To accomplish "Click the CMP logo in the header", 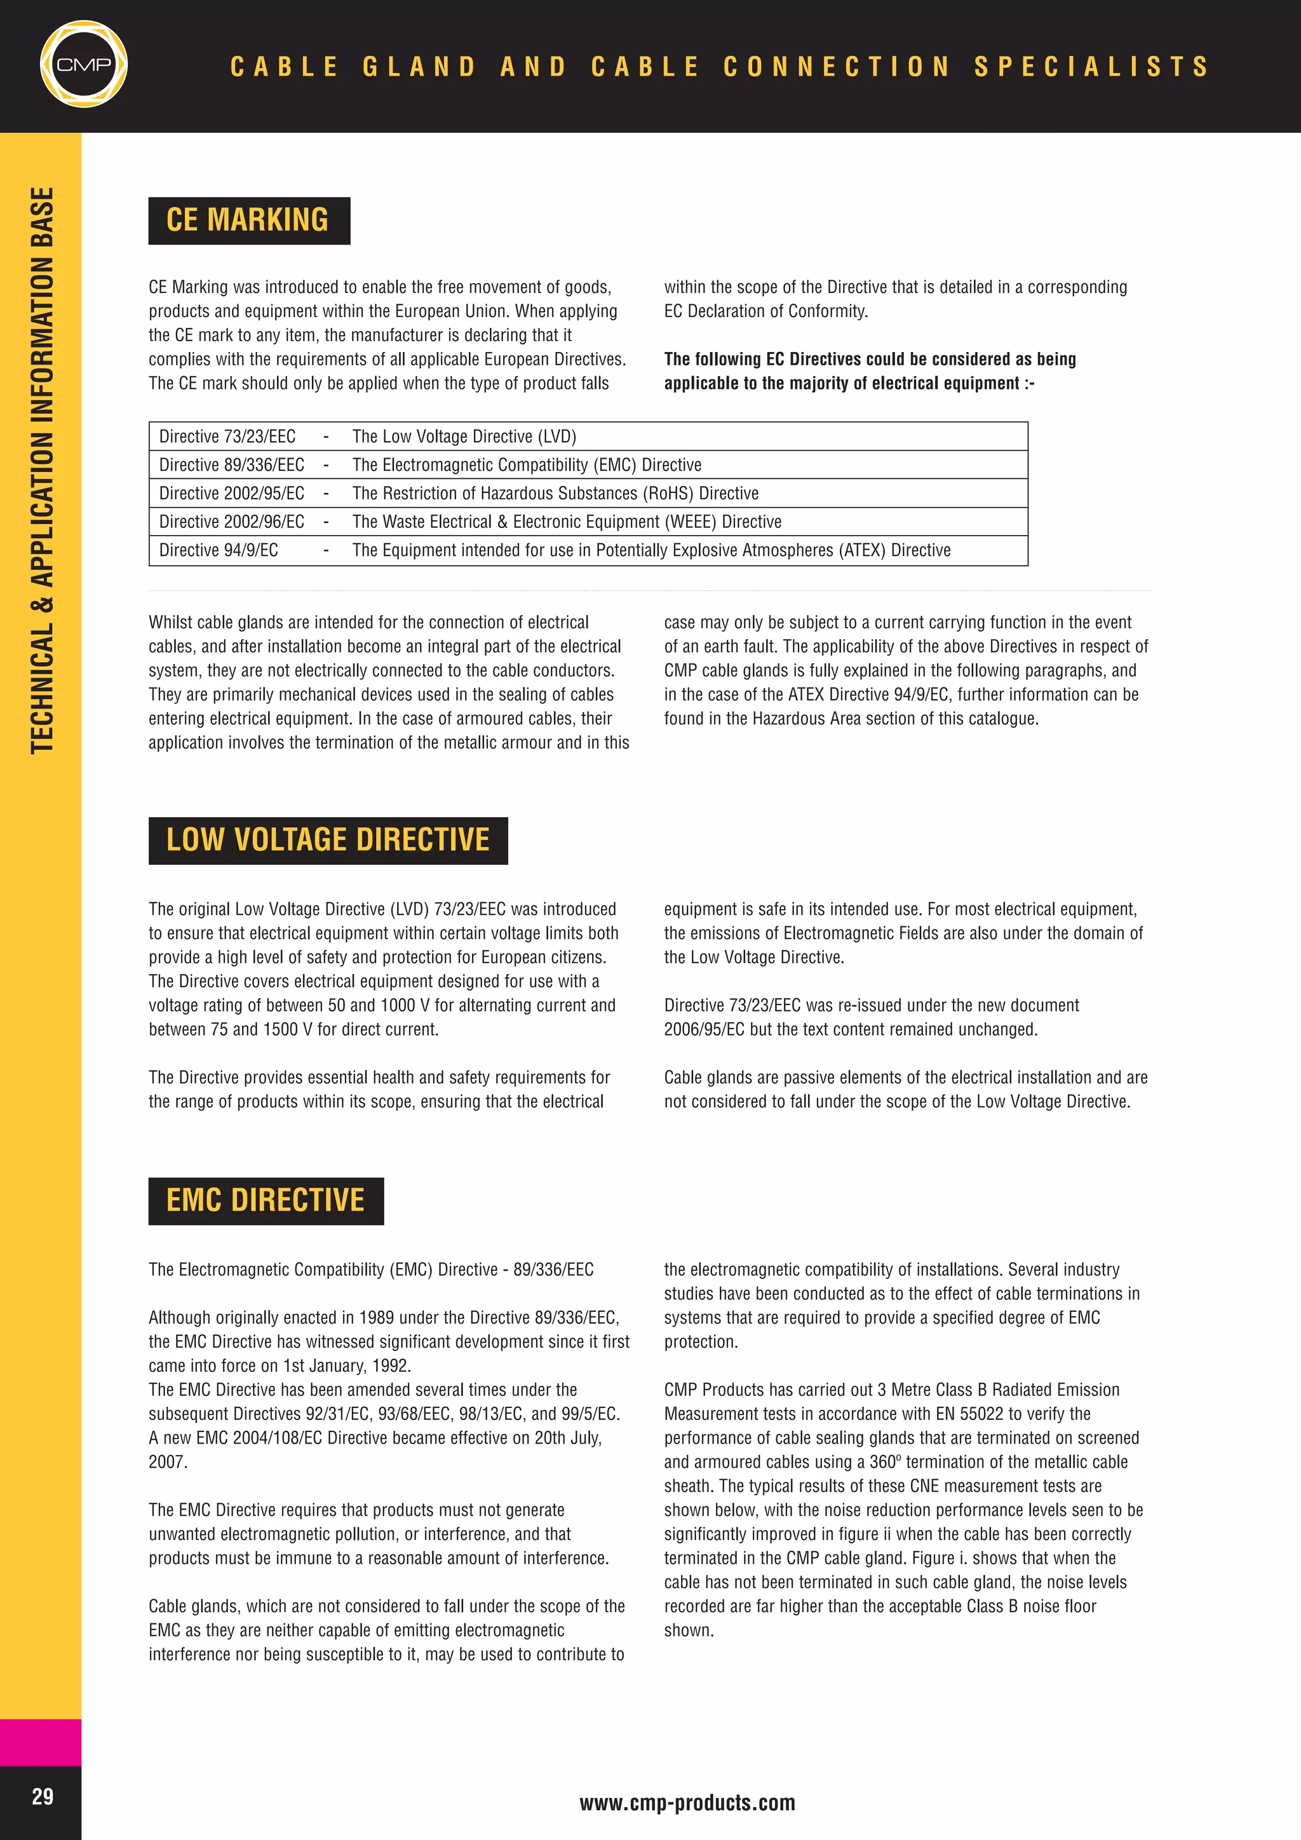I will (x=83, y=64).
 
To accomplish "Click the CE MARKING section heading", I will (x=248, y=220).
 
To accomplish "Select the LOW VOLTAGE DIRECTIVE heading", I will (x=328, y=841).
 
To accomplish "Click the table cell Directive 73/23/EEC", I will (x=227, y=436).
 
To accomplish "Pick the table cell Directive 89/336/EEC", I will (x=231, y=465).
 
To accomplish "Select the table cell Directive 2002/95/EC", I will (x=231, y=494).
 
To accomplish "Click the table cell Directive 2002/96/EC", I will (x=231, y=522).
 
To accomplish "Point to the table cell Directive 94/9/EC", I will (x=218, y=551).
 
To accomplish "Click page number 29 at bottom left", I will (x=43, y=1796).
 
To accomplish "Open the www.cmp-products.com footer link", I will (x=687, y=1803).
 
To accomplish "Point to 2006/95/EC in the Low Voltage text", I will (x=703, y=1030).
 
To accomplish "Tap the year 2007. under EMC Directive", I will (x=168, y=1462).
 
